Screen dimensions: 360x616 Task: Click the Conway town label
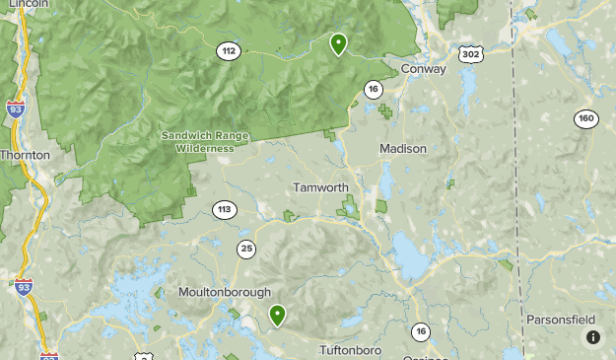424,69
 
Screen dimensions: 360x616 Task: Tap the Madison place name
403,148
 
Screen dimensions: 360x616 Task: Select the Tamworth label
320,187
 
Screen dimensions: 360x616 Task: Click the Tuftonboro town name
350,350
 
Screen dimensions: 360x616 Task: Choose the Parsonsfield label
561,320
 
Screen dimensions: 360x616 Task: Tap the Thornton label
25,155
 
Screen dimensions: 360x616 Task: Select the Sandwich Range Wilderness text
205,141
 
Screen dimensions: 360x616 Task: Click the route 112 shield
229,50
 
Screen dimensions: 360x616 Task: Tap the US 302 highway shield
471,54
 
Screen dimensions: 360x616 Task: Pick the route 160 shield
586,118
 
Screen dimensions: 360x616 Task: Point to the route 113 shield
224,209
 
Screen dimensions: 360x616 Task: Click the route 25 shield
245,248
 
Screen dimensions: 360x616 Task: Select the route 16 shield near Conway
373,89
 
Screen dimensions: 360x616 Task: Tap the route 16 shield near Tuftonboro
421,331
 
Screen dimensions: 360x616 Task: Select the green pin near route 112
338,43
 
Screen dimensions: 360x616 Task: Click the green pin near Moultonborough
278,315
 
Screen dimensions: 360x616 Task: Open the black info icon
593,337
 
